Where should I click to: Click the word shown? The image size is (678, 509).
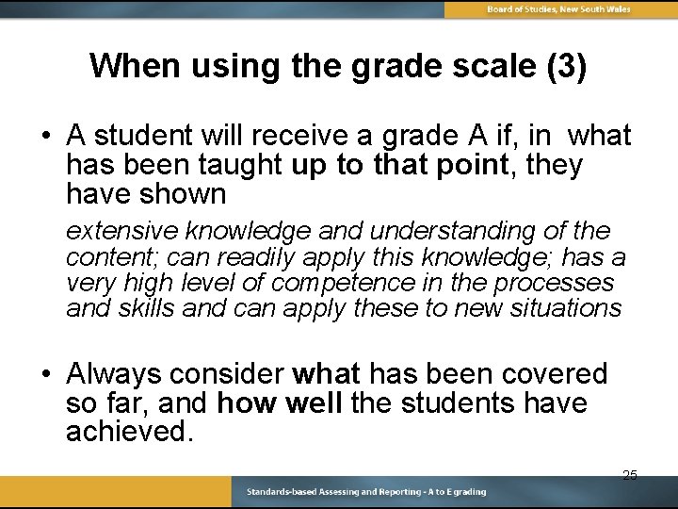184,195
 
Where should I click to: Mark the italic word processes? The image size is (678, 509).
557,283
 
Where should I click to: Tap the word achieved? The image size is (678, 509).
129,433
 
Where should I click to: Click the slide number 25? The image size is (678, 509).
630,475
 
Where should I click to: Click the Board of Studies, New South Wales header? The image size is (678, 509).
558,8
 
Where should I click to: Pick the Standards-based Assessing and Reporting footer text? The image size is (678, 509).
366,492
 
